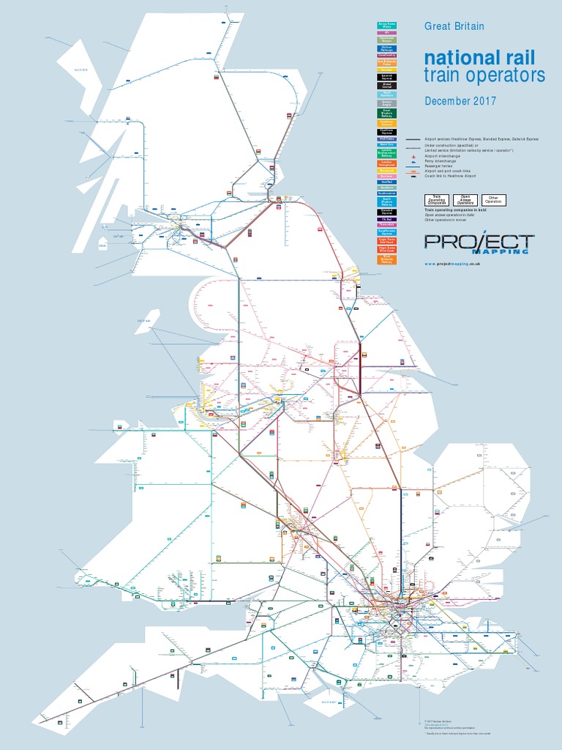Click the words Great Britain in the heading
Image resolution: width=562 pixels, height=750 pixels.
coord(454,26)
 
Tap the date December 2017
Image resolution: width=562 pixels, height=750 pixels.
coord(460,101)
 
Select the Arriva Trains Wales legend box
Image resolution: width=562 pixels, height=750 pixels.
coord(387,26)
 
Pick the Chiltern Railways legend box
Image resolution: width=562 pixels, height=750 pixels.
coord(387,48)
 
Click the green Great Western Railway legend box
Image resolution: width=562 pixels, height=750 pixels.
coord(387,114)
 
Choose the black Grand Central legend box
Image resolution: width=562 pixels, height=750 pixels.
coord(387,86)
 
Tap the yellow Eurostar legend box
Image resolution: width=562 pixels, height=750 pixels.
coord(387,70)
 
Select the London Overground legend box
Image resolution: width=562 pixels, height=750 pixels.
coord(387,163)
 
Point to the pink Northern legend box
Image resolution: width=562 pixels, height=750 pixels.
coord(387,176)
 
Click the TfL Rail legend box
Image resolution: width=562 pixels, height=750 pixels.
coord(387,219)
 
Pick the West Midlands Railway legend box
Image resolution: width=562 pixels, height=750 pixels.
coord(387,260)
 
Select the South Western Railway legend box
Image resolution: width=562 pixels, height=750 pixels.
coord(387,202)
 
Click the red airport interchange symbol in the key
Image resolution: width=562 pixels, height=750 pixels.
coord(413,157)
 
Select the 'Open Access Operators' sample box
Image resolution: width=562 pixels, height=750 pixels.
coord(464,200)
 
